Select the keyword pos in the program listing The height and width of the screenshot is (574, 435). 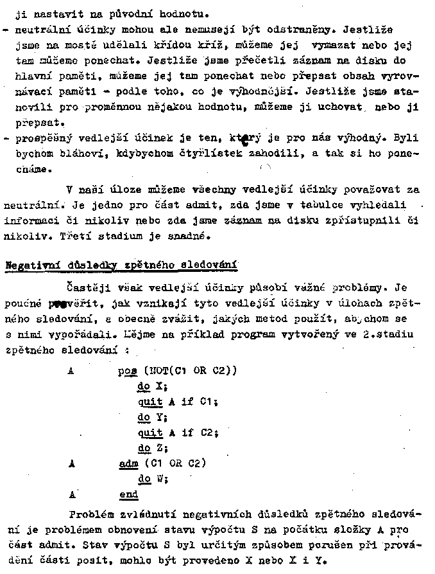[128, 371]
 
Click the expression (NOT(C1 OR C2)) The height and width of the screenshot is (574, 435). [192, 371]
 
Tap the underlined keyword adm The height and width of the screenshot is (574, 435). [128, 463]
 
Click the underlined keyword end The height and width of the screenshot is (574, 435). [128, 495]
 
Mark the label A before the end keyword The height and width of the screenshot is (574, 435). [72, 495]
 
